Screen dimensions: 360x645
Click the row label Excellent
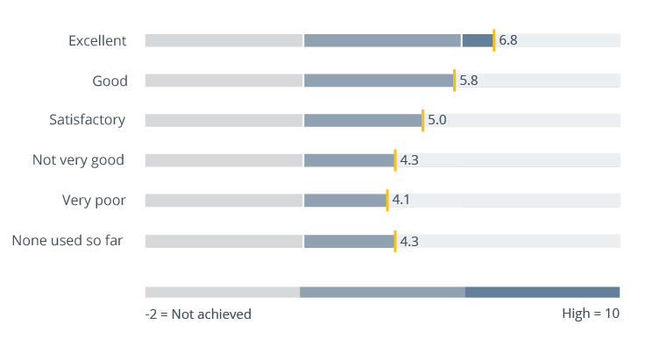(x=97, y=40)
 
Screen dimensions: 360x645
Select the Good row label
(x=110, y=81)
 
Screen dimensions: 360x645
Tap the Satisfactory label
(x=87, y=120)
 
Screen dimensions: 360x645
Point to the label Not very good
(x=78, y=160)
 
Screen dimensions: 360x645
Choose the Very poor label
(x=93, y=201)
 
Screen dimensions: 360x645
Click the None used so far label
(x=67, y=240)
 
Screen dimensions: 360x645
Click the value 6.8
(x=507, y=40)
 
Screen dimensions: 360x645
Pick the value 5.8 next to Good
(x=468, y=81)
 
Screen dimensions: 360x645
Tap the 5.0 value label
(x=436, y=120)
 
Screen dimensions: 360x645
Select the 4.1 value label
(x=400, y=201)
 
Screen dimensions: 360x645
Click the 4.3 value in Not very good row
(x=409, y=160)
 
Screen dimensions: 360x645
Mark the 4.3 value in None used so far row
(x=409, y=240)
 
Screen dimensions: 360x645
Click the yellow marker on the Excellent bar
(x=493, y=40)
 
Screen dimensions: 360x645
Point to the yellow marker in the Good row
(x=454, y=81)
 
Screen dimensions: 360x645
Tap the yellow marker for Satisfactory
(x=422, y=120)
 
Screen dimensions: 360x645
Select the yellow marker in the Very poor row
(x=386, y=201)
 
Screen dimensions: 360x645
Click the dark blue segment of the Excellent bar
(x=477, y=40)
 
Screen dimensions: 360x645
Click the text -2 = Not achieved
(x=198, y=314)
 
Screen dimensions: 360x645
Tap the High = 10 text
(x=590, y=314)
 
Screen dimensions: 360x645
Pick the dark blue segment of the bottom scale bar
(x=542, y=292)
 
